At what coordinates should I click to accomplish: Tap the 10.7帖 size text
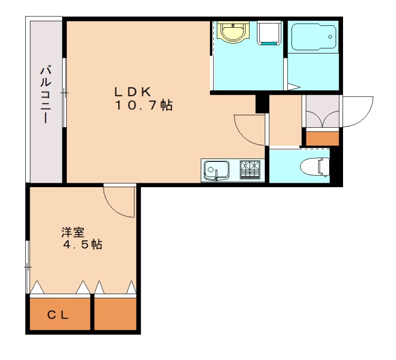144,105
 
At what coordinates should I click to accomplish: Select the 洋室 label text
72,232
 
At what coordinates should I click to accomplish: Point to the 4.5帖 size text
82,245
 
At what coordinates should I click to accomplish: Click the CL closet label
59,314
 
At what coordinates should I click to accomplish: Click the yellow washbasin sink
232,33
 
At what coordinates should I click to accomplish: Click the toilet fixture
318,165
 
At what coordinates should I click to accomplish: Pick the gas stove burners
252,170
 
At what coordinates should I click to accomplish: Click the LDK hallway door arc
249,129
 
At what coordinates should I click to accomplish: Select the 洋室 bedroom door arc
119,201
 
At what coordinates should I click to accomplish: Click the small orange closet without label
115,313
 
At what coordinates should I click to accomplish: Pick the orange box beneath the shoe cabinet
322,138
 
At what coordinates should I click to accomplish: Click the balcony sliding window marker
64,93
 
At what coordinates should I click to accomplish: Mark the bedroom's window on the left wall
28,267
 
